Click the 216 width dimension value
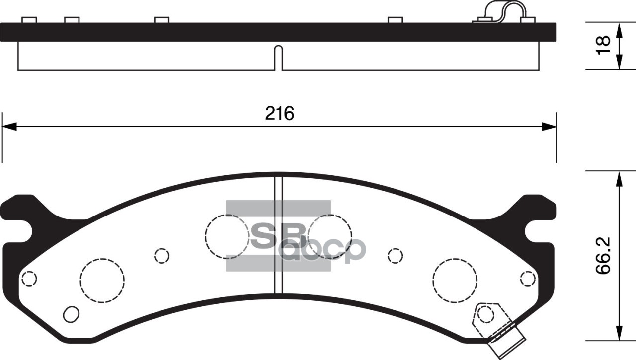[279, 114]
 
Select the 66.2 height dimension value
[602, 255]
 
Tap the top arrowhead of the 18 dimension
[619, 29]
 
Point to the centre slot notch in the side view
[279, 57]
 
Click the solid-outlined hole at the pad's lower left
[72, 314]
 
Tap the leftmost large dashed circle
[102, 279]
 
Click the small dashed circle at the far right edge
[528, 279]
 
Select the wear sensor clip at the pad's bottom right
[499, 325]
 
